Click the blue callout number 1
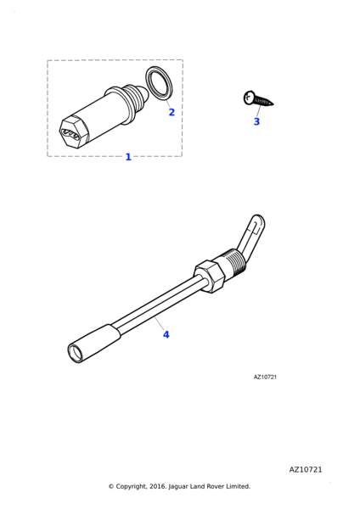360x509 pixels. [x=128, y=157]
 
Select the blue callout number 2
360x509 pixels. [x=172, y=112]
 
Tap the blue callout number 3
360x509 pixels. [x=256, y=121]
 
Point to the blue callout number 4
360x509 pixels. [x=166, y=334]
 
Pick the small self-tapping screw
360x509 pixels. [x=258, y=98]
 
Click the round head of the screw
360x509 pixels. [x=248, y=98]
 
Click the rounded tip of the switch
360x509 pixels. [x=144, y=93]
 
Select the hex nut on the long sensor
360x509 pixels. [x=210, y=276]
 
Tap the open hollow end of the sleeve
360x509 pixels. [x=74, y=353]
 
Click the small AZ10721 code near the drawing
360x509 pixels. [x=265, y=378]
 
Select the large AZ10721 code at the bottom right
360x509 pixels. [x=306, y=470]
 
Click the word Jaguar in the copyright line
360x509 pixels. [x=178, y=487]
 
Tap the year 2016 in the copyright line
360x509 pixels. [x=158, y=486]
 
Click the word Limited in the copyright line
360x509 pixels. [x=239, y=486]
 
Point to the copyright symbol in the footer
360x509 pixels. [x=111, y=486]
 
